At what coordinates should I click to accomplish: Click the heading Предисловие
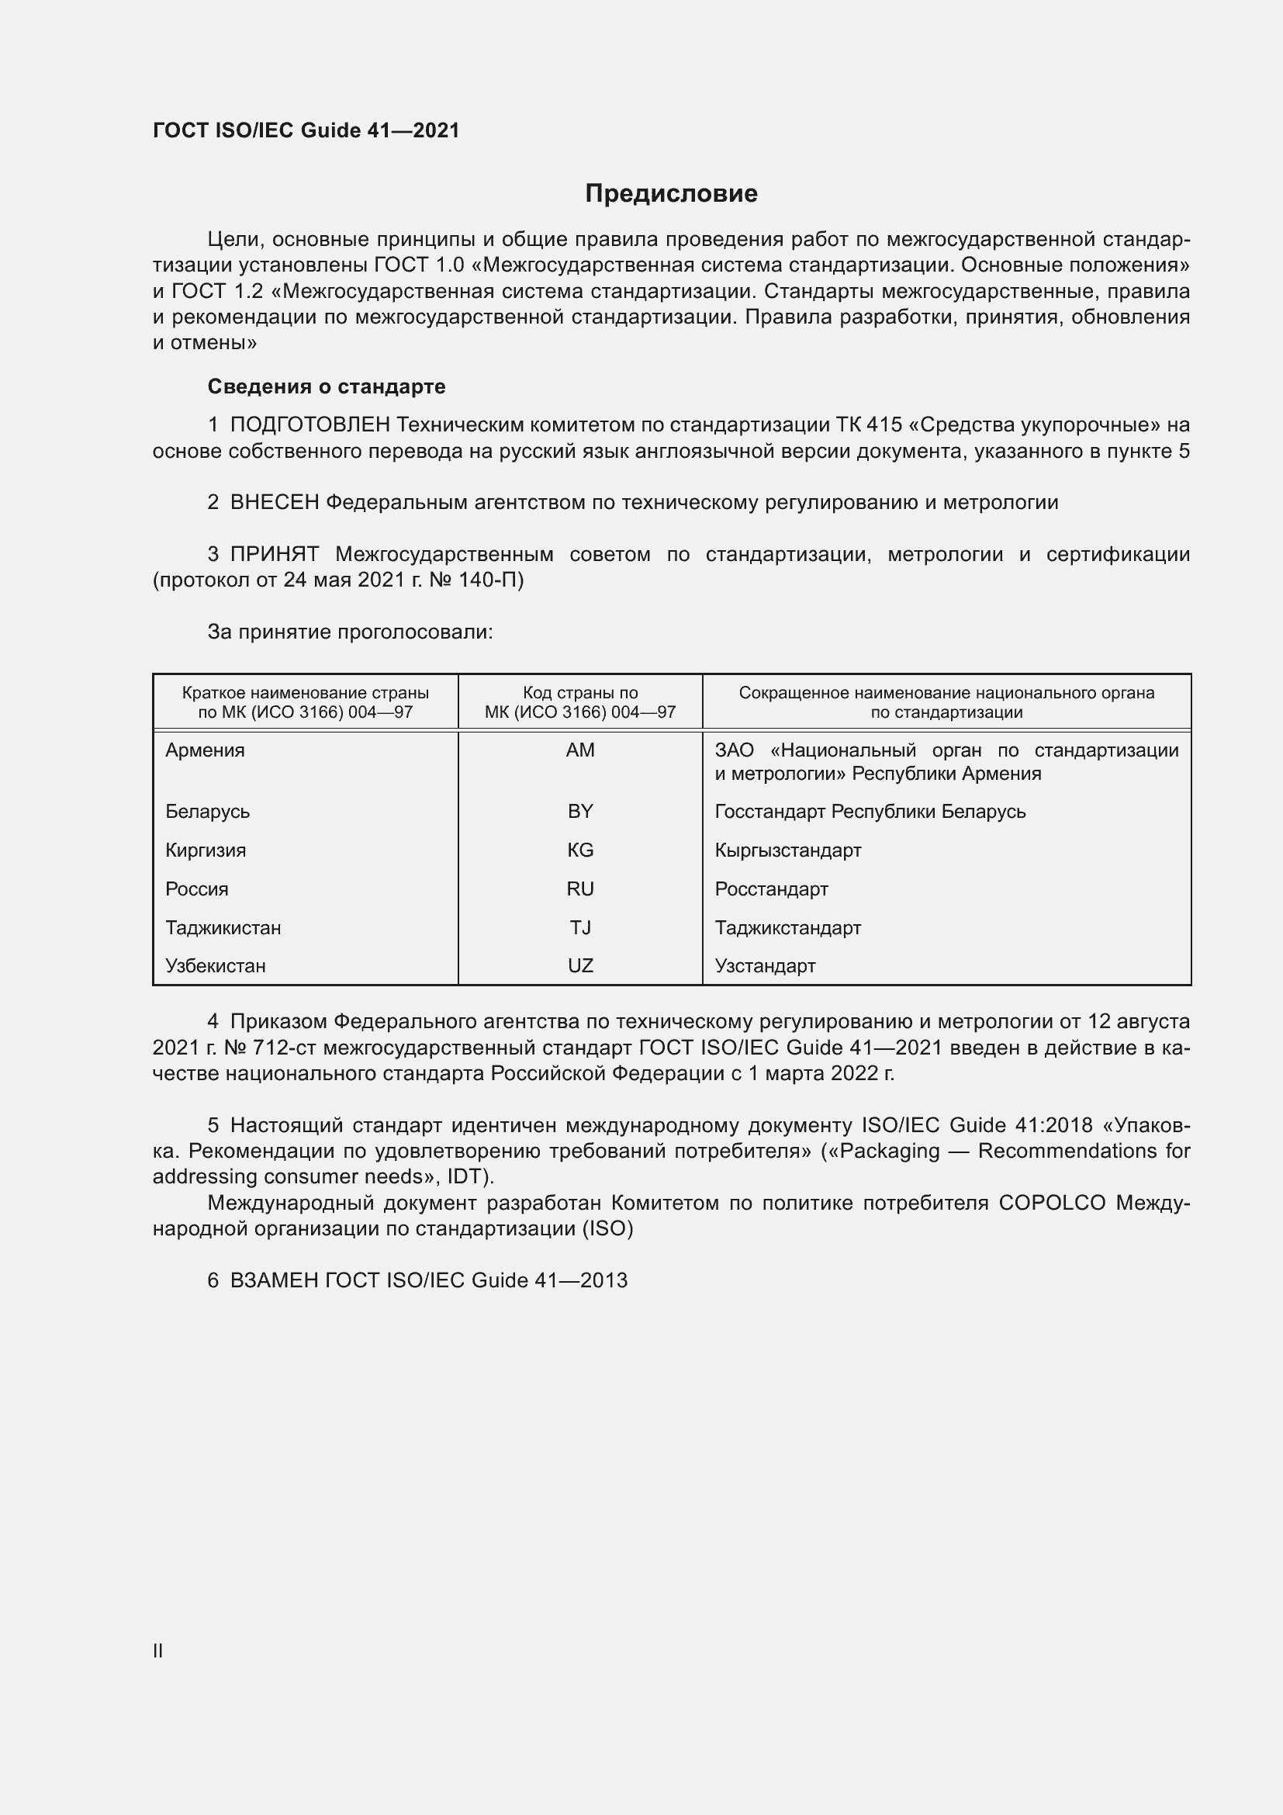coord(671,194)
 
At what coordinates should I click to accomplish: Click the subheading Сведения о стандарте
coord(327,386)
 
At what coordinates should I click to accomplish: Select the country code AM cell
coord(580,750)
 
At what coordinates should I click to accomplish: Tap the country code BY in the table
coord(580,812)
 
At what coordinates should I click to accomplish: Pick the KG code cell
coord(580,850)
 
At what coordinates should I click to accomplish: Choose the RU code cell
coord(580,889)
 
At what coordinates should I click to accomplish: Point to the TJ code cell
coord(580,928)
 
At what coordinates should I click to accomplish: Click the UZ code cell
coord(580,966)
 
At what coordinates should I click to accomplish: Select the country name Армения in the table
coord(205,750)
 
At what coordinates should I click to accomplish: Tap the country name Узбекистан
coord(215,966)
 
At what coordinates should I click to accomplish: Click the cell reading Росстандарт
coord(771,889)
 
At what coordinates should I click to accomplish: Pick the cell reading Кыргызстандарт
coord(787,850)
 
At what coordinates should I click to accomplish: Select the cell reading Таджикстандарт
coord(787,928)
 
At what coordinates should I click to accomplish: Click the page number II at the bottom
coord(158,1650)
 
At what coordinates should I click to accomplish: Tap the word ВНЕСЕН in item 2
coord(274,503)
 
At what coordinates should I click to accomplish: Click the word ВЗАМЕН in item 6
coord(274,1280)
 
